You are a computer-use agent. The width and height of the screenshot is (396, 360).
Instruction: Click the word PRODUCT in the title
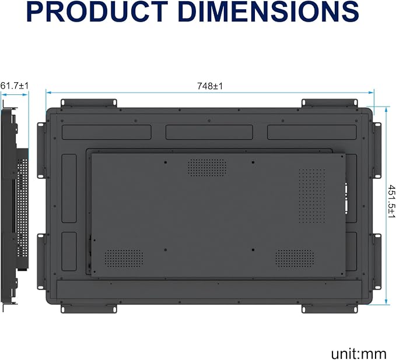[x=97, y=12]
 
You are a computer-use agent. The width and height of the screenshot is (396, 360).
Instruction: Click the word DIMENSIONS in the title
[x=268, y=12]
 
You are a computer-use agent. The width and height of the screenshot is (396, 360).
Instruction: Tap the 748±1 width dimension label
[x=210, y=86]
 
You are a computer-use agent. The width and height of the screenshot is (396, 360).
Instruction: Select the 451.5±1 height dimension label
[x=391, y=202]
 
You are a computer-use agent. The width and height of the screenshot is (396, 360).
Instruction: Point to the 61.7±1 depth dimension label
[x=15, y=86]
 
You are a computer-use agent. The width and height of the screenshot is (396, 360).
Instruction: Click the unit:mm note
[x=358, y=354]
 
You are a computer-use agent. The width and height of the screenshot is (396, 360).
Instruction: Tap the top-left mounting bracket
[x=89, y=103]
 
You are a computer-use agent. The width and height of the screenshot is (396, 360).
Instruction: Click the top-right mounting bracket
[x=330, y=103]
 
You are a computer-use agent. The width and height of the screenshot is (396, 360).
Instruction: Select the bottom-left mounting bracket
[x=89, y=309]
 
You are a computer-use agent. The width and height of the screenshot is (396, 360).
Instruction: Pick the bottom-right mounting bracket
[x=330, y=309]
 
